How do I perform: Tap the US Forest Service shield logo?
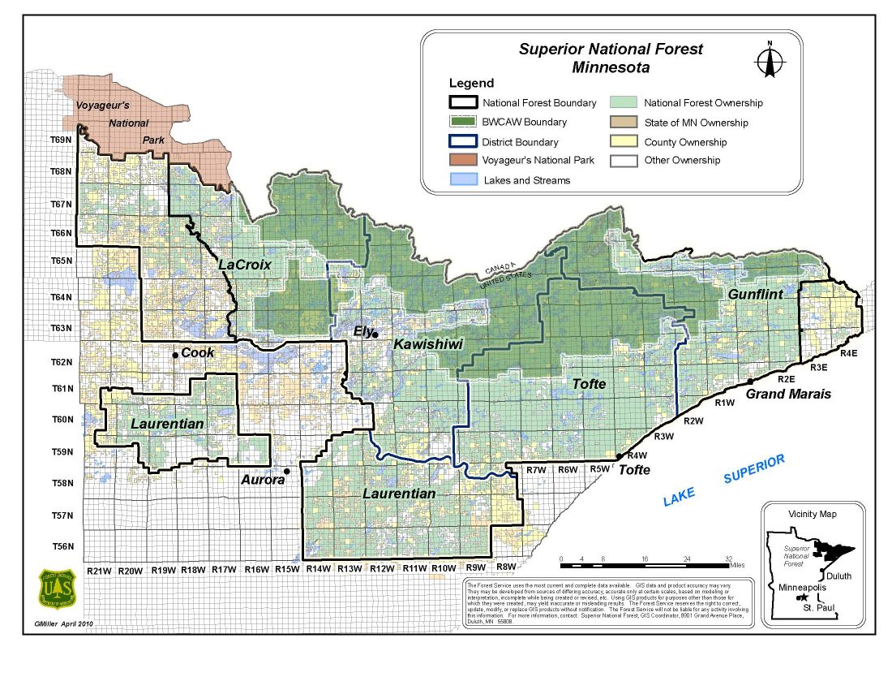[57, 589]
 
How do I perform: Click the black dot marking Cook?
[174, 355]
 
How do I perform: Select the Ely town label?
[362, 330]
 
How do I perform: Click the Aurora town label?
[263, 480]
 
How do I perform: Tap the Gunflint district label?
[755, 294]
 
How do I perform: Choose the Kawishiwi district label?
[427, 345]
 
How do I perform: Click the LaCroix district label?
[244, 265]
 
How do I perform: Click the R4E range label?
[849, 354]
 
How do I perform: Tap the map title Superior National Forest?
[611, 49]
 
